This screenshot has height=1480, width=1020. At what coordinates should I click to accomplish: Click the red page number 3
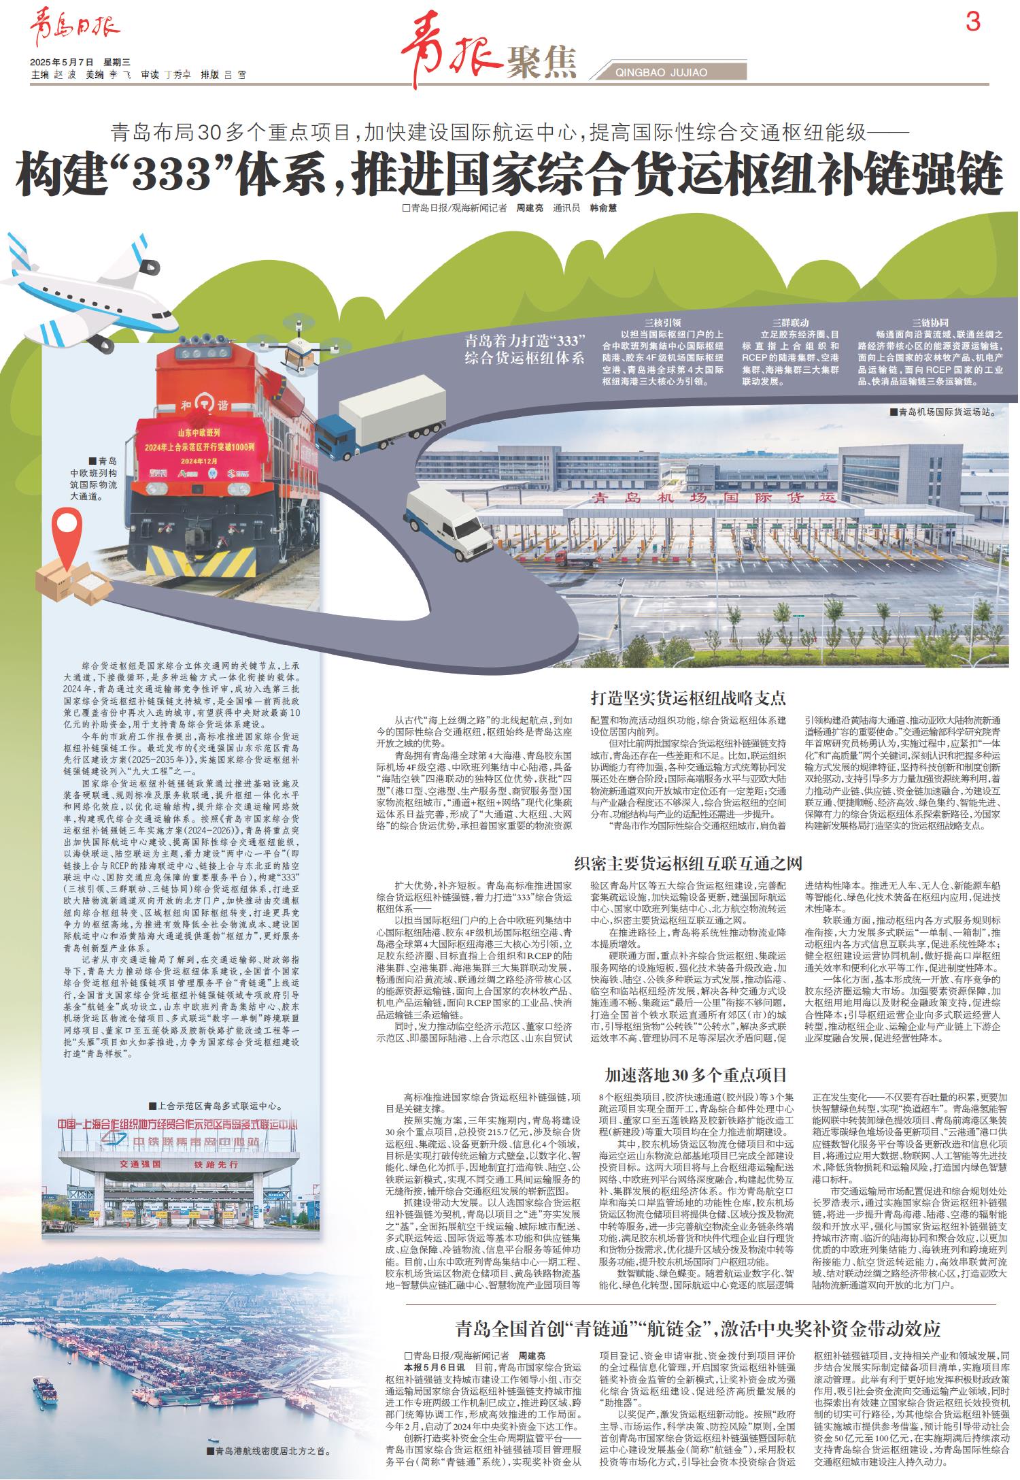click(x=973, y=23)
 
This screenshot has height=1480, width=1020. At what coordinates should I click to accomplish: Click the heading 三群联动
click(x=790, y=323)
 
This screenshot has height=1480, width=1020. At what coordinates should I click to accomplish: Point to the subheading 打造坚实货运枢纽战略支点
click(x=688, y=697)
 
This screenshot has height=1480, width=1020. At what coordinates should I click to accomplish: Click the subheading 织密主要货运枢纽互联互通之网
click(x=688, y=864)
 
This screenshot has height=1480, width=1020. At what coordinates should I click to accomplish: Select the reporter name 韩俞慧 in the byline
click(x=602, y=209)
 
